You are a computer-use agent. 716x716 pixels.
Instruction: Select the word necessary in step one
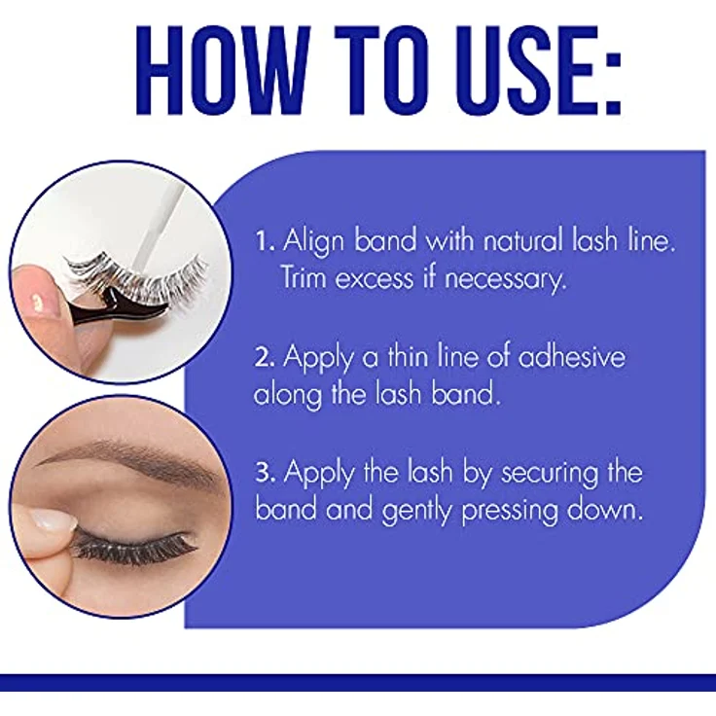505,279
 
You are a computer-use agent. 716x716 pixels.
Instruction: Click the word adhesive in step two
571,355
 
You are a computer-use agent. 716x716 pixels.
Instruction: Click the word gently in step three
416,511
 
